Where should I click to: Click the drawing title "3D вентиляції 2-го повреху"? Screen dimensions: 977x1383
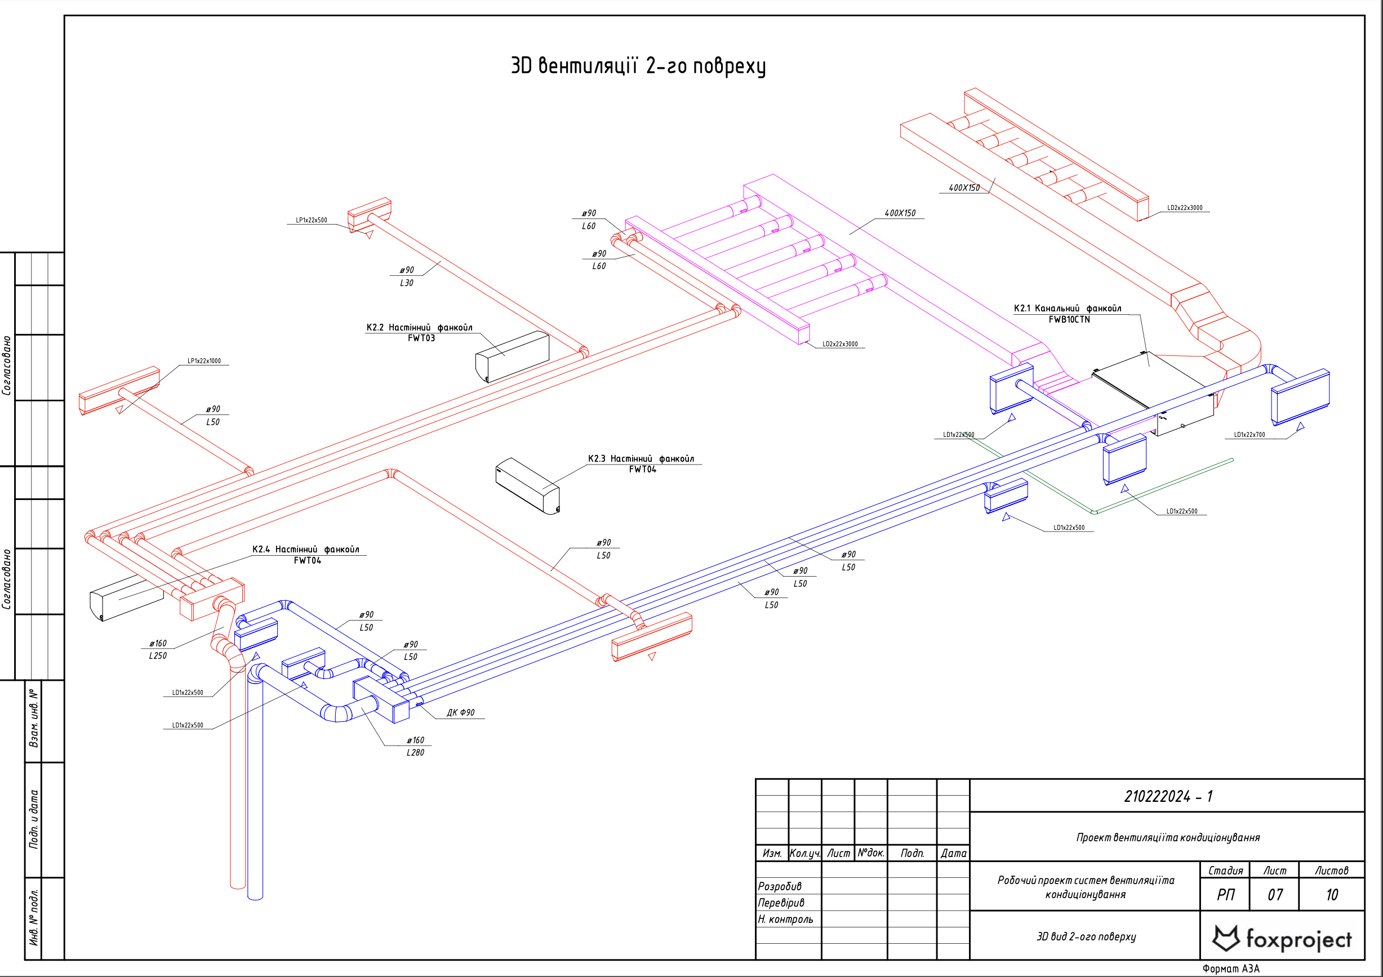(x=638, y=66)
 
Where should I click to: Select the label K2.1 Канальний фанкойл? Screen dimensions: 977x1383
(x=1068, y=309)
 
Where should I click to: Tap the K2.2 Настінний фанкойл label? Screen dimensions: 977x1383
(x=419, y=328)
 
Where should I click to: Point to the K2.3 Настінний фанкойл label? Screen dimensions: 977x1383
(x=641, y=459)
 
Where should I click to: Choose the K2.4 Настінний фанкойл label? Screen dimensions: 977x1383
(x=305, y=550)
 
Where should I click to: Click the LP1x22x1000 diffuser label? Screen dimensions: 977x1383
(x=203, y=361)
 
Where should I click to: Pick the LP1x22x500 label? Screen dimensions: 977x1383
(x=312, y=220)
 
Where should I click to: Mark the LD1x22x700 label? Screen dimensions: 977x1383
(x=1249, y=435)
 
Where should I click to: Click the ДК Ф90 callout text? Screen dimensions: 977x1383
(x=460, y=713)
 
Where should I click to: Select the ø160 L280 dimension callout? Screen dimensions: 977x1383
(x=415, y=747)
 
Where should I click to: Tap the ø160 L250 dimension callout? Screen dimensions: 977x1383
(x=158, y=649)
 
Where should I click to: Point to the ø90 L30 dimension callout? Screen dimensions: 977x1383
(x=407, y=276)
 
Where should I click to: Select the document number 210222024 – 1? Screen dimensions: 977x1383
(x=1168, y=796)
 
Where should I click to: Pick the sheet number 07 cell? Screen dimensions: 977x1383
(x=1275, y=895)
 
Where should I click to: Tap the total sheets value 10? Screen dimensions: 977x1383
(x=1332, y=895)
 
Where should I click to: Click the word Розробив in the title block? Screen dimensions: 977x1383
(x=780, y=887)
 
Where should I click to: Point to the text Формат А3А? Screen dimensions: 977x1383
(x=1230, y=969)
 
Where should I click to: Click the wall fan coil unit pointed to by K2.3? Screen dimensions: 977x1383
(x=528, y=487)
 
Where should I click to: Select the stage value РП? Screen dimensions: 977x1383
(x=1225, y=895)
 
